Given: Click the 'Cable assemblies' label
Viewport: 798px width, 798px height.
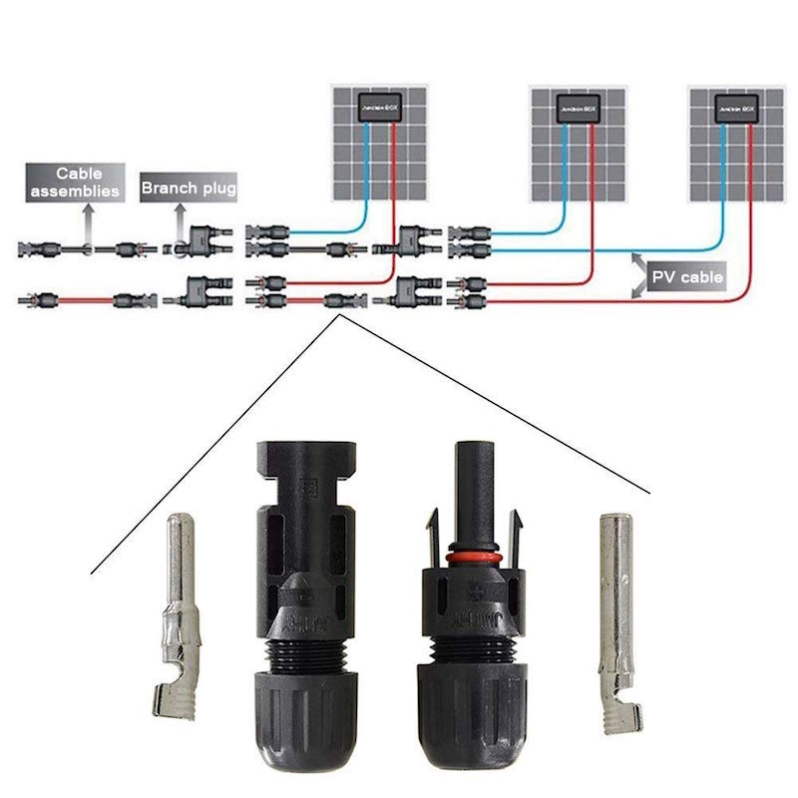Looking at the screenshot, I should pyautogui.click(x=88, y=182).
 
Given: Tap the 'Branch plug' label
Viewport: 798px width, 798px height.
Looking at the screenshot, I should pyautogui.click(x=189, y=188).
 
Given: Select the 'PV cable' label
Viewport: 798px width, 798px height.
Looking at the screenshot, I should pyautogui.click(x=686, y=276).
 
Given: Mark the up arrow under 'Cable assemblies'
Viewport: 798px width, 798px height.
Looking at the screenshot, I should pyautogui.click(x=88, y=215).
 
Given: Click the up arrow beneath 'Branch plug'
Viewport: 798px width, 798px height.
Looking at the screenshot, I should pyautogui.click(x=181, y=217).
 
